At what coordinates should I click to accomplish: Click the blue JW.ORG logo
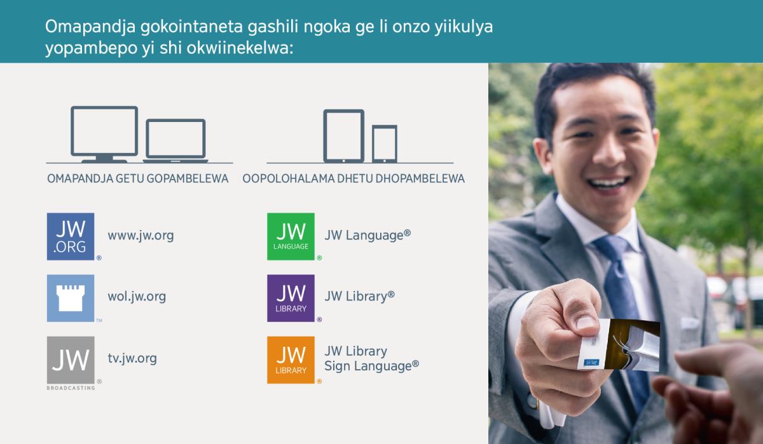(x=71, y=236)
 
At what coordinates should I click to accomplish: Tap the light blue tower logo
(x=71, y=298)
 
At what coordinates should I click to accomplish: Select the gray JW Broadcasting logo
(x=71, y=360)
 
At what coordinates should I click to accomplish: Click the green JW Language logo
(x=291, y=236)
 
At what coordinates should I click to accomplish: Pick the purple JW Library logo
(x=291, y=298)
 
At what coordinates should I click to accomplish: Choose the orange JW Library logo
(x=291, y=360)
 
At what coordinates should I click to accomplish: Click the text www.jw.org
(x=141, y=236)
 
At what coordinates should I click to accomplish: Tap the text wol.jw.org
(x=137, y=297)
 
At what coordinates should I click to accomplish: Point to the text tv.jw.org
(x=132, y=358)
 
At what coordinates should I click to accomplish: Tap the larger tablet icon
(x=344, y=135)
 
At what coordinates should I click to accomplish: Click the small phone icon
(x=385, y=143)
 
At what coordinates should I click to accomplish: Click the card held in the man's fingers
(x=620, y=346)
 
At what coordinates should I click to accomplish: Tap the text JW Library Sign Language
(x=371, y=358)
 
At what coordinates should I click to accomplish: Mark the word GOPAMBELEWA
(x=188, y=178)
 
